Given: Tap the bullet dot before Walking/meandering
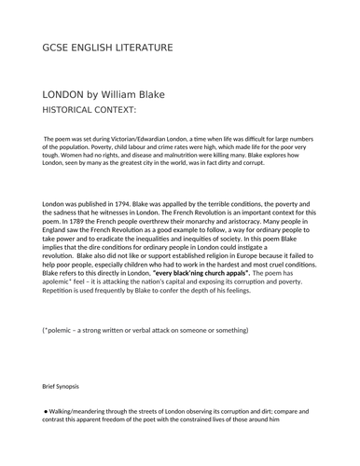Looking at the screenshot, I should click(47, 410).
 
